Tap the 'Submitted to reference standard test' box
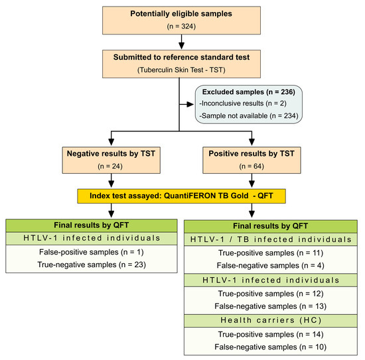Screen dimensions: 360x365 tap(181, 63)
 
